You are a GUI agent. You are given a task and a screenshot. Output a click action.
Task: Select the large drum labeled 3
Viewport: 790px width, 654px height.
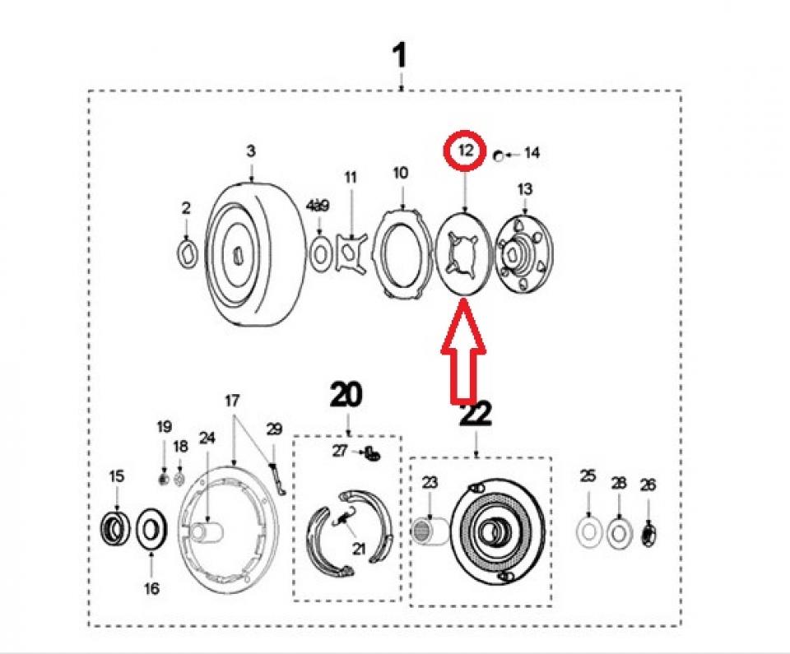click(252, 256)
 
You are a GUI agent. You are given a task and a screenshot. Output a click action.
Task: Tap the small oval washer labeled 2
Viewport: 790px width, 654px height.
click(188, 253)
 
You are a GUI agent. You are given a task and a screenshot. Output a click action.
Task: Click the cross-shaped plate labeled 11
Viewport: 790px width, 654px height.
click(353, 251)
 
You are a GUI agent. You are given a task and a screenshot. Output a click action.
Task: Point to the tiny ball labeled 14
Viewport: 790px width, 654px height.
click(498, 154)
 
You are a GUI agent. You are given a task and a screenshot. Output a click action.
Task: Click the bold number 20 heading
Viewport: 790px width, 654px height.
click(346, 396)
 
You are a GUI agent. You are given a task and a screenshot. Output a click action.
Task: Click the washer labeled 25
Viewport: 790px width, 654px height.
click(588, 533)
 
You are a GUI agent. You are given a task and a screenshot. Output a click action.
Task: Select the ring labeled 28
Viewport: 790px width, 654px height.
click(619, 533)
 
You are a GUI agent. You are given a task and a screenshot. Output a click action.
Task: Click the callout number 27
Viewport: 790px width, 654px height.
click(341, 450)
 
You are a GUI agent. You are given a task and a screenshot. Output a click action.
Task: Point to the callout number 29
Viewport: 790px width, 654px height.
click(275, 429)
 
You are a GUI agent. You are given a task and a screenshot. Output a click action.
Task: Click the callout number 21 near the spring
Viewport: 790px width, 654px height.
click(359, 548)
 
